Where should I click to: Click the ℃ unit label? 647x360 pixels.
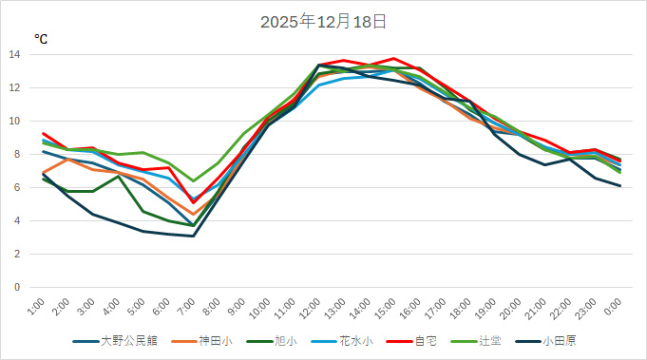click(x=41, y=39)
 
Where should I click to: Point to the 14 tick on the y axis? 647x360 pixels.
click(x=14, y=54)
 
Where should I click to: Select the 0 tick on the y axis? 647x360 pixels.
click(x=17, y=287)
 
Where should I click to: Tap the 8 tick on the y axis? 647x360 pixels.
click(x=17, y=154)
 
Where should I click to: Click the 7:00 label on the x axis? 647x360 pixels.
click(x=189, y=308)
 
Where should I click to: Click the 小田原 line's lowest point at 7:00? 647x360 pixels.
click(x=193, y=236)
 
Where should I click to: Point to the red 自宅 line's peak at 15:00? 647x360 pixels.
click(x=392, y=59)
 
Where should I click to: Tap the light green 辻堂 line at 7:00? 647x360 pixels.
click(x=193, y=180)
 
